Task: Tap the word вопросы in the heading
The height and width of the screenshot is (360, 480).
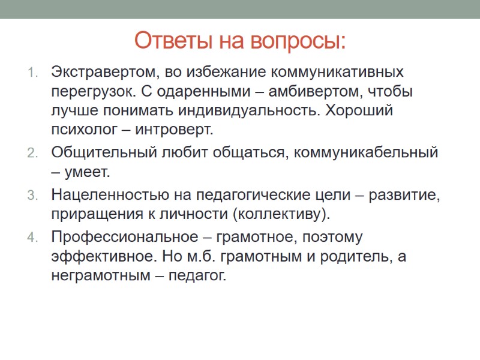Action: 299,41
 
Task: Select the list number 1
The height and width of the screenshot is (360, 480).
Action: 32,74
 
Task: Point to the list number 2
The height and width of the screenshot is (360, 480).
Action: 32,153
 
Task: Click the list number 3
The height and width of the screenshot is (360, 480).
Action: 32,195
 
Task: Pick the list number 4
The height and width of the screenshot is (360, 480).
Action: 32,236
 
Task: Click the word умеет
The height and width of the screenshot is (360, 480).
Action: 87,173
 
